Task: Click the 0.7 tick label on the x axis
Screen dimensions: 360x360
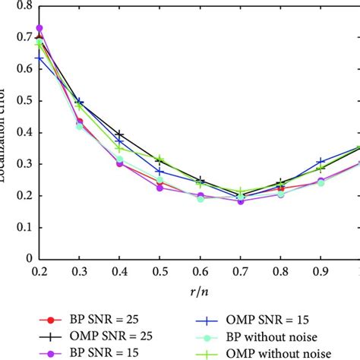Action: pos(241,271)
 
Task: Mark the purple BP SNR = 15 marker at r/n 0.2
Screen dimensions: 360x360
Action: pos(40,28)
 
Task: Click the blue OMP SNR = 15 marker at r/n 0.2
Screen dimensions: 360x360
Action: pos(40,58)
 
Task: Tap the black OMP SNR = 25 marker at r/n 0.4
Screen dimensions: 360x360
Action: pos(119,134)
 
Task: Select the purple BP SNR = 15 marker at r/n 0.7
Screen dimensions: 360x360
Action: pos(241,201)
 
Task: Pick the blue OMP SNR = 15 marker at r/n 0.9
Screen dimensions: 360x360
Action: pos(321,162)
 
